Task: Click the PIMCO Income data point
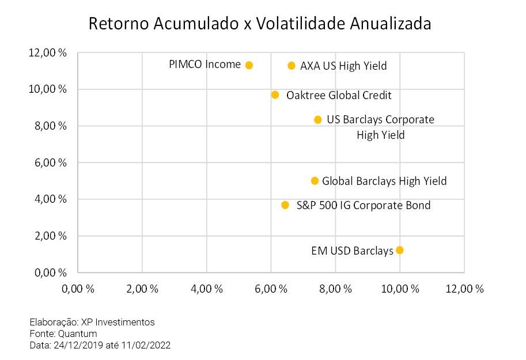pos(249,65)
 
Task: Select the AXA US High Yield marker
pos(292,66)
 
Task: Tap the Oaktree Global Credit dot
pos(275,94)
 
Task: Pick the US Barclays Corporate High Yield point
pos(317,120)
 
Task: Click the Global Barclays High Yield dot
pos(315,181)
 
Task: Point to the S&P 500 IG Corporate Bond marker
pos(285,205)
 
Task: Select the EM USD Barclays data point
pos(400,250)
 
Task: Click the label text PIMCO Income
pos(205,65)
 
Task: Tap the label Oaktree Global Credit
pos(339,95)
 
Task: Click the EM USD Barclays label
pos(352,251)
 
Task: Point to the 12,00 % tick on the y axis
pos(48,52)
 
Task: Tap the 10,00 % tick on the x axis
pos(399,289)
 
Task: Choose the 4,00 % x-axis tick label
pos(206,289)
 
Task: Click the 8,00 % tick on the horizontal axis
pos(335,289)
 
